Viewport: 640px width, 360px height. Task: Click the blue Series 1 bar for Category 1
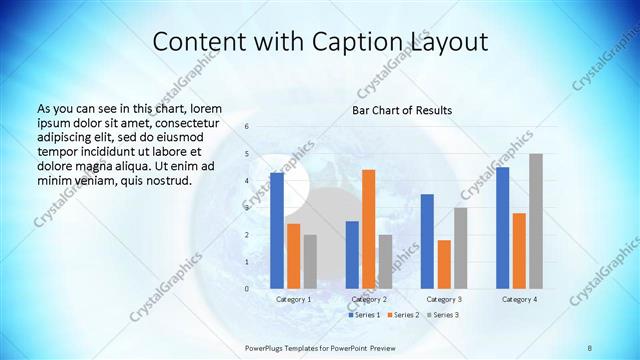277,230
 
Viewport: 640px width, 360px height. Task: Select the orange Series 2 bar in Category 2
369,229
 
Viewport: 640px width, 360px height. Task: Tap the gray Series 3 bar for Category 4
536,221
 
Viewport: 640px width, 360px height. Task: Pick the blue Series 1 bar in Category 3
427,241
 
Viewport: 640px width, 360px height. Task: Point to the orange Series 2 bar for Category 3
444,264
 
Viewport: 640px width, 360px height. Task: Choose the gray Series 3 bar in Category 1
310,261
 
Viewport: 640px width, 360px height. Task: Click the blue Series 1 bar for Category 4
502,228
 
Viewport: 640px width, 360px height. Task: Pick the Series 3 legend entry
443,315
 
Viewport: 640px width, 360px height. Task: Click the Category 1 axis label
294,299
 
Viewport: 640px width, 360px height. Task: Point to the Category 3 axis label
444,299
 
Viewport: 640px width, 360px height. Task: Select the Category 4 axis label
519,299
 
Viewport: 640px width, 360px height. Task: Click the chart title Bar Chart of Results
402,109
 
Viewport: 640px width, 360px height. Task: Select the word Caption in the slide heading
364,42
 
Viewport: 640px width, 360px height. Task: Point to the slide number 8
590,347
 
